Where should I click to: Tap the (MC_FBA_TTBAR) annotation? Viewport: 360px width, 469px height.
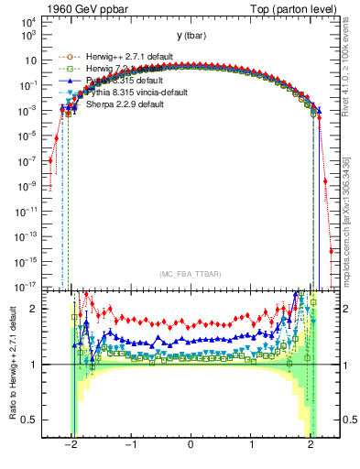(190, 275)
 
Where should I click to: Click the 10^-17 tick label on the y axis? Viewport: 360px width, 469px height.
(26, 287)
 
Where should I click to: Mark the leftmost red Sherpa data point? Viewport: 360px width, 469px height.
(50, 160)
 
